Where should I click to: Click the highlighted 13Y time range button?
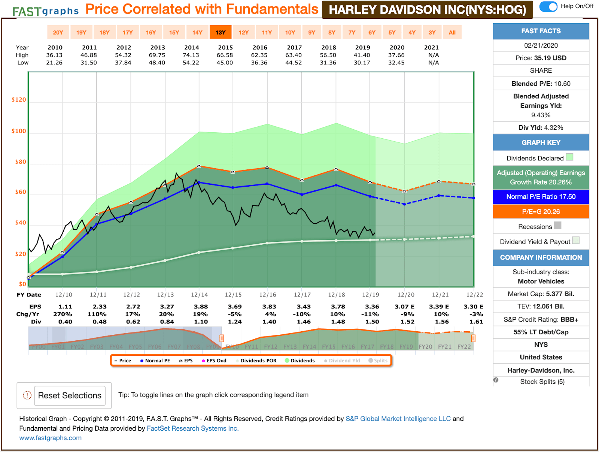[221, 33]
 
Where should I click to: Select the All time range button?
[452, 33]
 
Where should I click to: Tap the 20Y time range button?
[58, 33]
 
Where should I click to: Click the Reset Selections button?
[70, 395]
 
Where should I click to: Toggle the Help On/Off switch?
[548, 6]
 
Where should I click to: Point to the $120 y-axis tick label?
[19, 100]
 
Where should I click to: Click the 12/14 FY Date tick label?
[199, 295]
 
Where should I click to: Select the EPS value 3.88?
[201, 307]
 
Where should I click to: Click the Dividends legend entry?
[300, 361]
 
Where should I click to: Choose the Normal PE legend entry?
[155, 361]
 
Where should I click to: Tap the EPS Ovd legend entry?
[214, 361]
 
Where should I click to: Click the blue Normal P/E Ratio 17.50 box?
[541, 197]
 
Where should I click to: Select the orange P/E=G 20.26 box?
[541, 212]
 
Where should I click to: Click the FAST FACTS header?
[541, 31]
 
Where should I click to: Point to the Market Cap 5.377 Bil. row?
[541, 294]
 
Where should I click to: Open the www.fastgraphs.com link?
[51, 438]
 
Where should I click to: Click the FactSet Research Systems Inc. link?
[192, 428]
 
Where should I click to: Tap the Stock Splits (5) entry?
[542, 382]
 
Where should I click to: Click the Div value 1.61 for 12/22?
[476, 322]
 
